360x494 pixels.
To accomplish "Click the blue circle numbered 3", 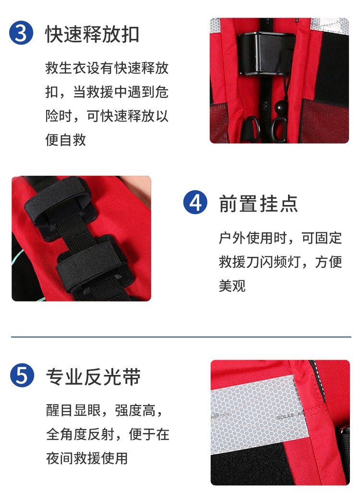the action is point(21,33).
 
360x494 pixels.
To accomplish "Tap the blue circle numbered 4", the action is point(195,202).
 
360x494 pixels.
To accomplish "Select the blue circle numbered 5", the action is point(22,375).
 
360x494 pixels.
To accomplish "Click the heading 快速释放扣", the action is point(92,34).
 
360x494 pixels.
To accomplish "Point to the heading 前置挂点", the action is point(258,204).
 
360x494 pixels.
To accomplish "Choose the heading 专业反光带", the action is point(93,376).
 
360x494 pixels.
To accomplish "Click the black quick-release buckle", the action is point(264,54).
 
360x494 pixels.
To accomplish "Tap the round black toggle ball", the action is point(281,107).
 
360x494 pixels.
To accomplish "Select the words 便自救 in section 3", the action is point(65,140).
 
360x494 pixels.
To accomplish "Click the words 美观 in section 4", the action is point(232,286).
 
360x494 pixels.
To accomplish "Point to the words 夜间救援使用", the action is point(87,458).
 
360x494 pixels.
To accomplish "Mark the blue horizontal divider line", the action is point(181,337).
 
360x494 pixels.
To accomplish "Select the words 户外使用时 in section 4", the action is point(253,238).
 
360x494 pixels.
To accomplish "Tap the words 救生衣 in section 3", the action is point(66,68).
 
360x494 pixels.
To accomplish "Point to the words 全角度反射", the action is point(80,434).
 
